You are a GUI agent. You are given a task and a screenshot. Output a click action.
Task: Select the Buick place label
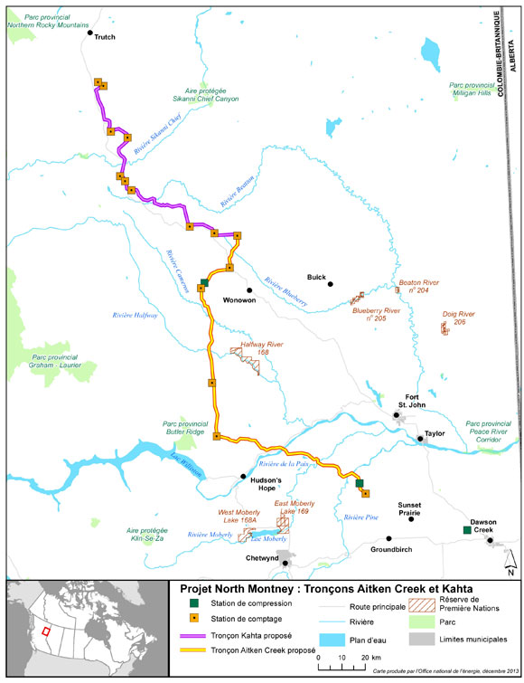coord(315,279)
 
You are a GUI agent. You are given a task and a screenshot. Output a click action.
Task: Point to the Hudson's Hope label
coord(264,484)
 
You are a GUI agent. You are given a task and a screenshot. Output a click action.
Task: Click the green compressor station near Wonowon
coord(205,283)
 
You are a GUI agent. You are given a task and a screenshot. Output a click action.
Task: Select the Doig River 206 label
coord(459,318)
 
